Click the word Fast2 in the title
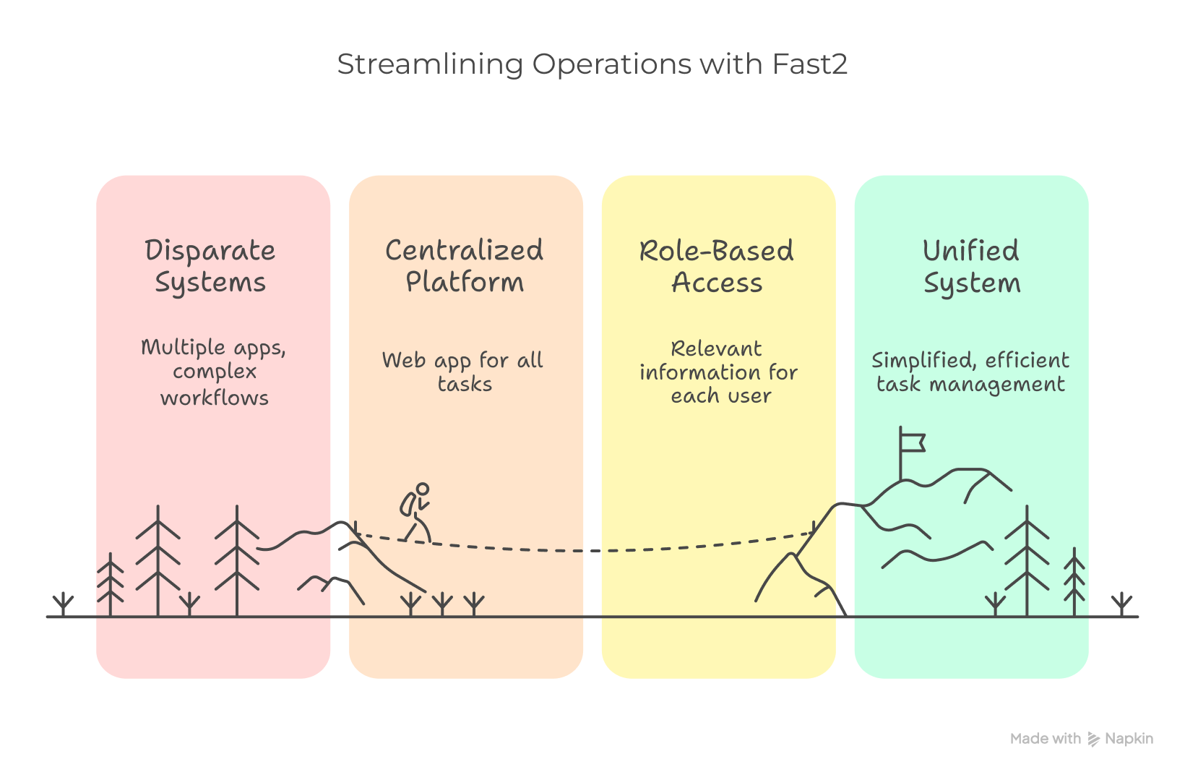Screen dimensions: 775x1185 coord(809,64)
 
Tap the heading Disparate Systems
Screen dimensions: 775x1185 coord(210,266)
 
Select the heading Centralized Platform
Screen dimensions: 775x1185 coord(464,266)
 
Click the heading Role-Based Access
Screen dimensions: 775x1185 coord(717,267)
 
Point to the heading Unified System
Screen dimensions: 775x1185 coord(972,267)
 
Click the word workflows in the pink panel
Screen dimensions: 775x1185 coord(215,398)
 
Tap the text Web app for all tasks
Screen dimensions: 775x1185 coord(463,372)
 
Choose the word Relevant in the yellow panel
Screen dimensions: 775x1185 coord(716,348)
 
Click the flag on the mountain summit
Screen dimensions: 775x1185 coord(912,440)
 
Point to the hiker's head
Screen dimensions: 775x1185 coord(423,489)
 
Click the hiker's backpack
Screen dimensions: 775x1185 coord(408,504)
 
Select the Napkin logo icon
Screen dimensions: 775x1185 coord(1093,739)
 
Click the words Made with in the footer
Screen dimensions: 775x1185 coord(1045,739)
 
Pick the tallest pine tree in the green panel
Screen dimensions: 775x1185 coord(1027,560)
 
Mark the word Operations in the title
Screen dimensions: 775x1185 coord(612,64)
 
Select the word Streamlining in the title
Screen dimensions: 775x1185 coord(430,64)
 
